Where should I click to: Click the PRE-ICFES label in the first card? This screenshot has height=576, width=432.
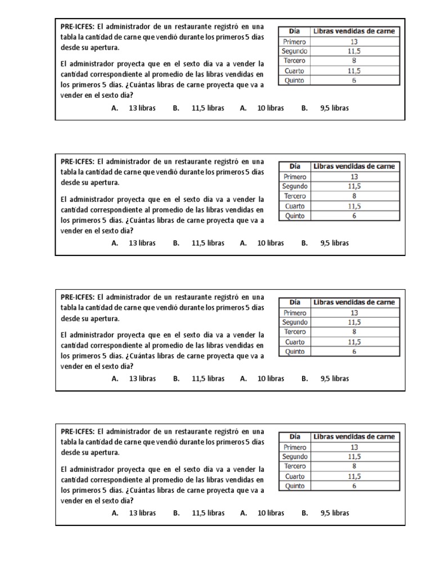(x=78, y=26)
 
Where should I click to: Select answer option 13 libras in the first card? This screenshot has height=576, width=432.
(x=142, y=108)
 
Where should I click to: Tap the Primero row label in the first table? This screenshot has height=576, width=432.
(x=295, y=42)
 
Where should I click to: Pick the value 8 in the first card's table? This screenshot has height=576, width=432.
(x=354, y=61)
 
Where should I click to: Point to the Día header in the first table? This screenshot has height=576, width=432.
(x=295, y=31)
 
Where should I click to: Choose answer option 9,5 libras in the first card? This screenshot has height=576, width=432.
(x=334, y=108)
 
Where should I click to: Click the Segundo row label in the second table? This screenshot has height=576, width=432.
(x=295, y=186)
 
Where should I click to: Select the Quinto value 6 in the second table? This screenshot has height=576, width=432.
(x=354, y=215)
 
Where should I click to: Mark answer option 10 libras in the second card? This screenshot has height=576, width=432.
(x=271, y=243)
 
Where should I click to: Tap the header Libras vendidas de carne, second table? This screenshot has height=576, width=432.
(x=354, y=166)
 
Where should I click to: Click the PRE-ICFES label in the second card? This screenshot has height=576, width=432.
(x=78, y=161)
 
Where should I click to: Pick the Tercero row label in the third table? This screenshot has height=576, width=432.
(x=295, y=332)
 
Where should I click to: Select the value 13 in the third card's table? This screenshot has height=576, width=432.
(x=354, y=313)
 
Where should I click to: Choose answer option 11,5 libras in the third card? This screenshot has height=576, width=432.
(x=208, y=379)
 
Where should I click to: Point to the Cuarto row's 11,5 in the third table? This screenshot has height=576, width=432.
(x=354, y=342)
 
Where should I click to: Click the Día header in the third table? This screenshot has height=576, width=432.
(x=295, y=303)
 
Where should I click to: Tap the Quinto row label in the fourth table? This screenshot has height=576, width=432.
(x=295, y=486)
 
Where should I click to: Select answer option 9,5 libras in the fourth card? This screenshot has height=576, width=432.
(x=334, y=513)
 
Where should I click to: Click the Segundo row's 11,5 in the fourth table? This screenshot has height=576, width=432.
(x=354, y=457)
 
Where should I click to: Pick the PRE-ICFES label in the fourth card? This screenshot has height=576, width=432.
(x=78, y=431)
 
